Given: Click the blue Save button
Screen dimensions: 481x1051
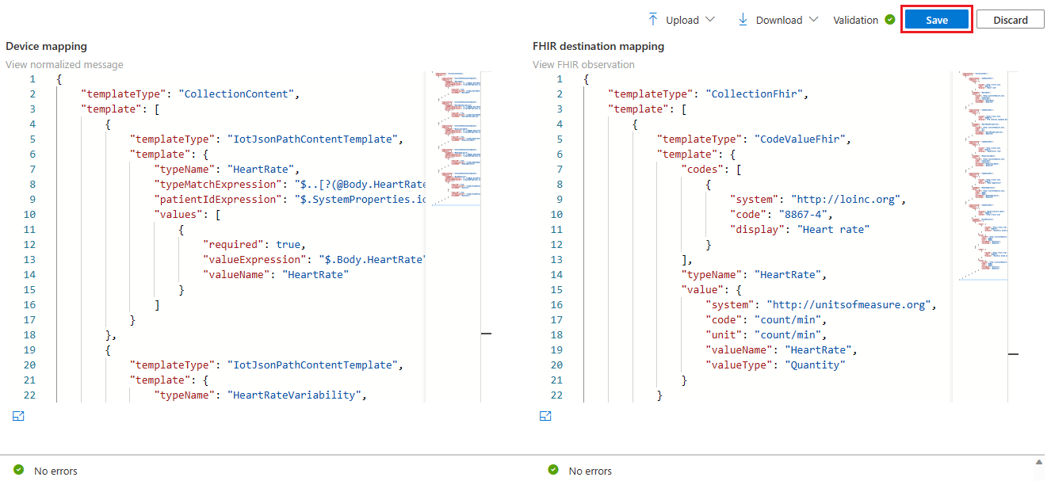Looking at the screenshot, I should (x=936, y=21).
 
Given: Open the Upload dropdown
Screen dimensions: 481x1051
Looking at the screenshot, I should (x=681, y=20).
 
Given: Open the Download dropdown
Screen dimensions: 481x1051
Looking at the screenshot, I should (x=778, y=20).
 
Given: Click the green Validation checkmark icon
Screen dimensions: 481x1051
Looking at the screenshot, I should (x=890, y=20).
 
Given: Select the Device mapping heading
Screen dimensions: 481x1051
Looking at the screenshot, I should (x=46, y=47).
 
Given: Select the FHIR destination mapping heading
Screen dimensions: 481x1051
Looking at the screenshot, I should (x=598, y=47).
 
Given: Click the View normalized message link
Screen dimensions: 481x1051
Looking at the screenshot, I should (x=64, y=65).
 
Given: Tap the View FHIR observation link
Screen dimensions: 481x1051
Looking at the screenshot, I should (x=583, y=65).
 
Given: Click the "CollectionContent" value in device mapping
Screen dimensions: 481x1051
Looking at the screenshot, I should (x=237, y=94).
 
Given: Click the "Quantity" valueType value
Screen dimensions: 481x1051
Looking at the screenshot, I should (x=815, y=365).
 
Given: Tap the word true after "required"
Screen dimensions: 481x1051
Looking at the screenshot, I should (x=289, y=245).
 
